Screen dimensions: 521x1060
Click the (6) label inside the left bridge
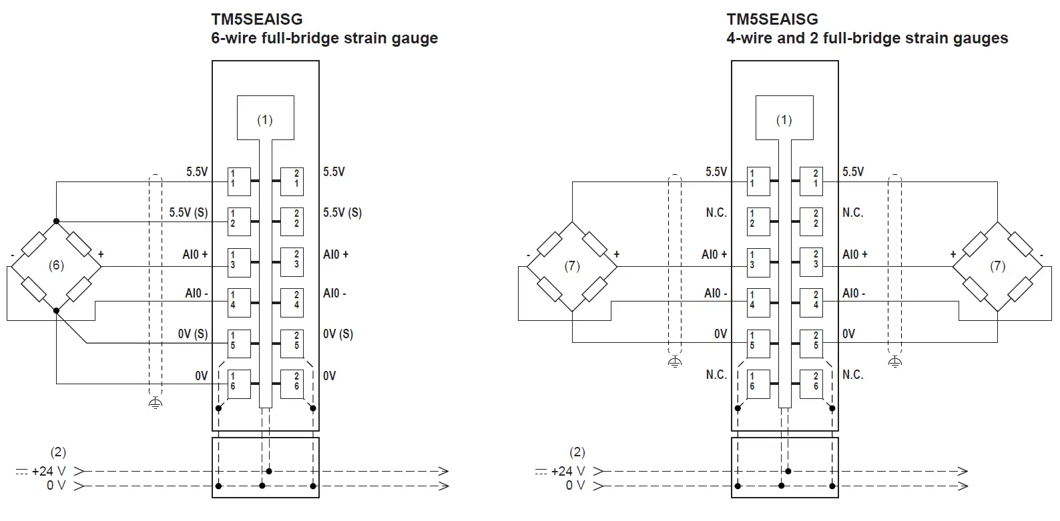[x=56, y=266]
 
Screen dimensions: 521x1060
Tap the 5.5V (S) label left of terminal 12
[x=188, y=213]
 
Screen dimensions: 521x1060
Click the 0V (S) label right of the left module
[x=338, y=334]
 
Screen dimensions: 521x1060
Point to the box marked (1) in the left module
[x=266, y=118]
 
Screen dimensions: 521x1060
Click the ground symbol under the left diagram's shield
[x=155, y=402]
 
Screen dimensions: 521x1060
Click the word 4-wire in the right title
[x=749, y=38]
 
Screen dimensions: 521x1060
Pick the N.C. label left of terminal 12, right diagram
[x=716, y=213]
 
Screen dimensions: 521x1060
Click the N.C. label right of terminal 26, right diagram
[x=852, y=375]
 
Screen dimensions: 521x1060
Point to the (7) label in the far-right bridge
[x=997, y=266]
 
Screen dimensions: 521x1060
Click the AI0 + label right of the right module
[x=854, y=254]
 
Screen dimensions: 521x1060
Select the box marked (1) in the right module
[x=784, y=118]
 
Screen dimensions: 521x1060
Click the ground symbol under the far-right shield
[x=895, y=362]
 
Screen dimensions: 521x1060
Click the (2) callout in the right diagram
[x=577, y=452]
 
